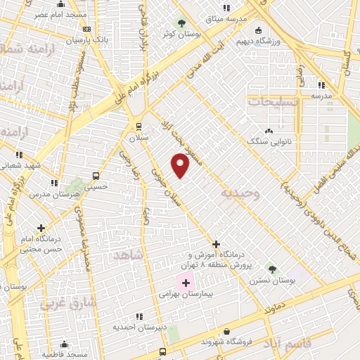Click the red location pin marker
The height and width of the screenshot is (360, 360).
point(181,165)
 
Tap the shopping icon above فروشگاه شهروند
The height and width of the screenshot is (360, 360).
point(226,330)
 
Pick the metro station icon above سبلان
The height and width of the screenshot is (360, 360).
point(139,127)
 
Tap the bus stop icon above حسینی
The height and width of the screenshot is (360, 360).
point(96,176)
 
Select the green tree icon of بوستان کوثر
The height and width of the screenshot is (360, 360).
point(181,22)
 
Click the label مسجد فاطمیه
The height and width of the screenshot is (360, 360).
point(64,354)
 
